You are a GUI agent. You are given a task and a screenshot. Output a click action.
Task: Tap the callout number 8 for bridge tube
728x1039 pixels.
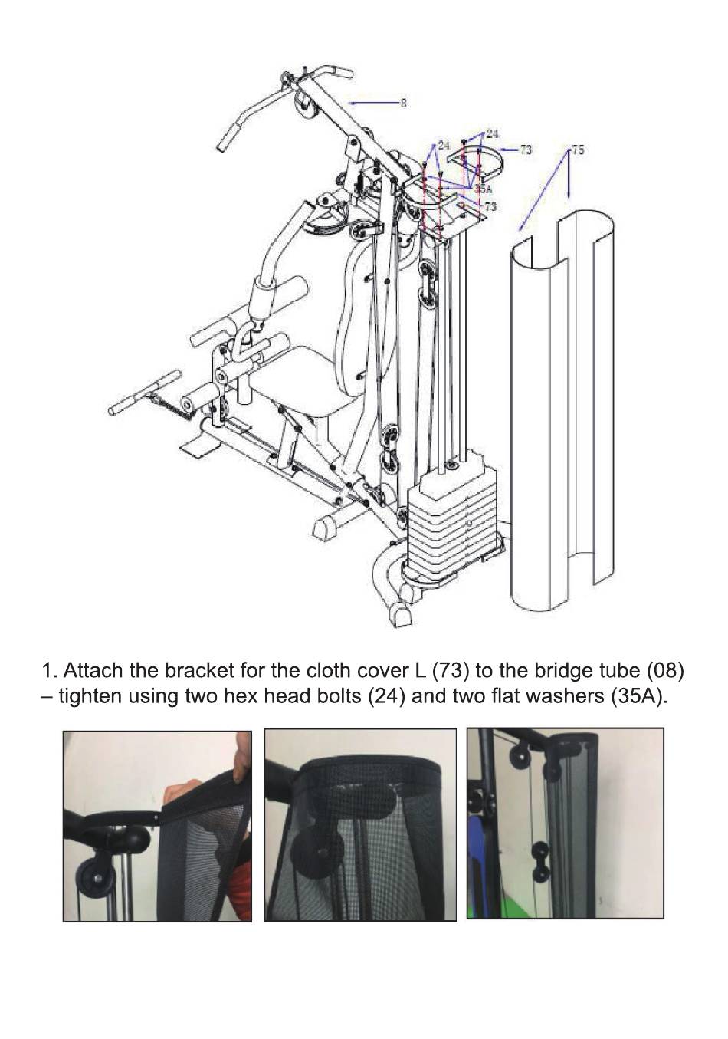coord(404,103)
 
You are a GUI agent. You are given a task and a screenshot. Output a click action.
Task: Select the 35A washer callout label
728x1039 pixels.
coord(483,188)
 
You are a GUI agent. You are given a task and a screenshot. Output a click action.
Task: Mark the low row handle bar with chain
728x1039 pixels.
coord(146,391)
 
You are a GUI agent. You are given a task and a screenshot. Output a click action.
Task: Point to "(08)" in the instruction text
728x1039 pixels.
coord(664,671)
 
